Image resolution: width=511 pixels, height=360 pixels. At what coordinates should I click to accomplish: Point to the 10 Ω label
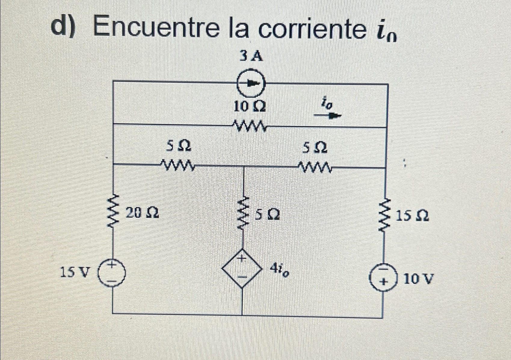tap(250, 106)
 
